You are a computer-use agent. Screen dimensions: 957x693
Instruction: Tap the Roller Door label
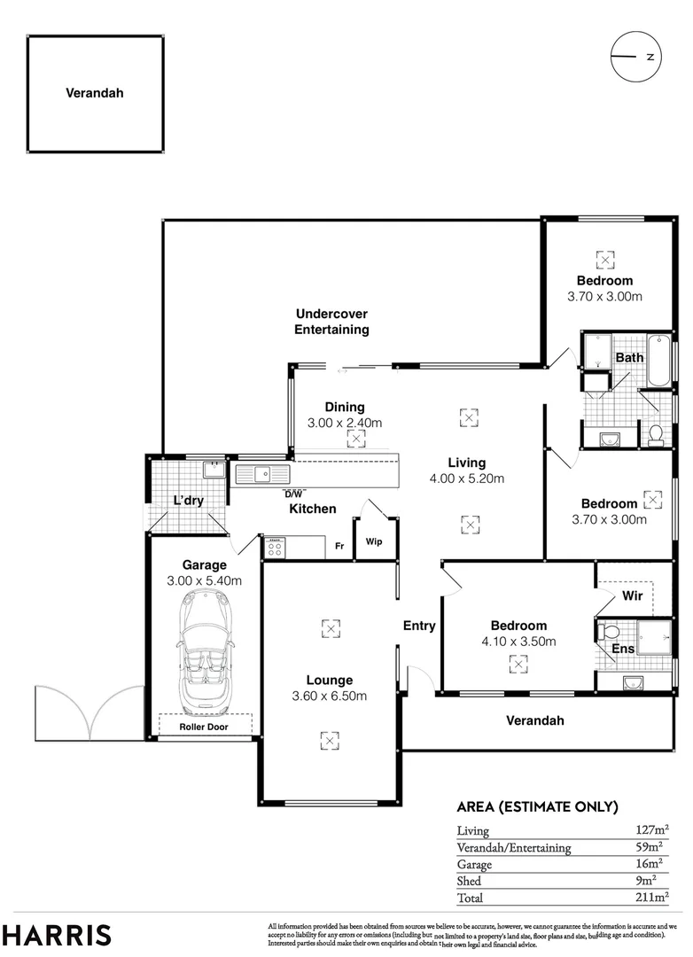(204, 727)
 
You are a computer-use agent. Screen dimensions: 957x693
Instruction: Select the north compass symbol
(635, 57)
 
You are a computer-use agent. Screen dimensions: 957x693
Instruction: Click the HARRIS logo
(57, 935)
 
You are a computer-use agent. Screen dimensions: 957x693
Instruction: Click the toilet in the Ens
(608, 632)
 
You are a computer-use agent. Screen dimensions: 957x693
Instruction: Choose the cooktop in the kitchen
(275, 547)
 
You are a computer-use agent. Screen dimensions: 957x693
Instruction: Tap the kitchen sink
(263, 474)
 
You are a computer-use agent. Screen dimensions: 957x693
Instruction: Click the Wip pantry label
(374, 542)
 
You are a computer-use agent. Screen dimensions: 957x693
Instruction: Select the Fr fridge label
(339, 546)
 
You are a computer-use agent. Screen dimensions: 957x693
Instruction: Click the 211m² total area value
(651, 898)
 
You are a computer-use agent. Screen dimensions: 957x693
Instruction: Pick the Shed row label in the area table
(469, 881)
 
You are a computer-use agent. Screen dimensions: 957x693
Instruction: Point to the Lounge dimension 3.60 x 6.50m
(329, 696)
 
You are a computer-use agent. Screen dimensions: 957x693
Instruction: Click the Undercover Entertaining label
(331, 322)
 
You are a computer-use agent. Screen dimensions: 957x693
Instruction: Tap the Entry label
(419, 626)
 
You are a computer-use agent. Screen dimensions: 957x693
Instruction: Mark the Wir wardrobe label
(632, 595)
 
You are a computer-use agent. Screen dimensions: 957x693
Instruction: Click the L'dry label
(188, 501)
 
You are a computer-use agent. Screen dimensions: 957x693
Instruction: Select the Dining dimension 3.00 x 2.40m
(345, 423)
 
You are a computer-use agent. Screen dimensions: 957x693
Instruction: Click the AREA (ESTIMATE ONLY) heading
(536, 806)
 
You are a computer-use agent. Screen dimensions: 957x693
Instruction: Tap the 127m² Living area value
(651, 830)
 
